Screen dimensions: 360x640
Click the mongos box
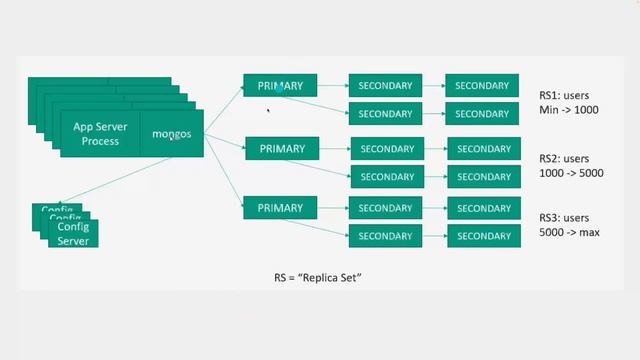pos(172,134)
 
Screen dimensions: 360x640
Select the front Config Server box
pos(73,234)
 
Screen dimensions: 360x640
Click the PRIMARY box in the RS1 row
pos(281,86)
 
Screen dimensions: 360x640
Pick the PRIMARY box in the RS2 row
pos(281,149)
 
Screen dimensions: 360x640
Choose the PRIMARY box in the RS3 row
pos(281,208)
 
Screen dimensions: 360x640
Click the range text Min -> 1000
pos(568,109)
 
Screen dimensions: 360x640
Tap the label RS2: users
pos(567,158)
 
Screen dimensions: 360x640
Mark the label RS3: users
pos(567,217)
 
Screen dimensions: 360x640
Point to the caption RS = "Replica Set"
pos(317,275)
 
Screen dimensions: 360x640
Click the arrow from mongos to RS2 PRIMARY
pos(226,143)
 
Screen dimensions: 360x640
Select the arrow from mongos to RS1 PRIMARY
pos(225,109)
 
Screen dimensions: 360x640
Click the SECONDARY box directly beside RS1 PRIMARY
pos(386,86)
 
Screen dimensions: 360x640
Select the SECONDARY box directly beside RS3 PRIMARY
pos(386,208)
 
